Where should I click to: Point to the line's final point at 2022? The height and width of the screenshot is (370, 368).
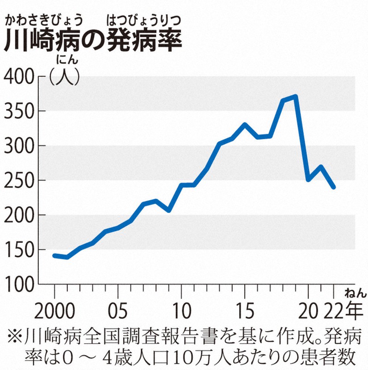[x=333, y=187]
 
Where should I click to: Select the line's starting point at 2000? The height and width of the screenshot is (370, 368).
[x=54, y=255]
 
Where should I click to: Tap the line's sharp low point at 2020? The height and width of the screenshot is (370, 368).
[x=308, y=179]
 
